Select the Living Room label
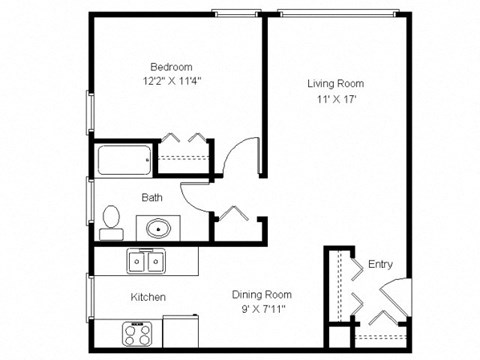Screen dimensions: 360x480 pos(335,83)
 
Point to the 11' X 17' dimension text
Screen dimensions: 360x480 pos(335,100)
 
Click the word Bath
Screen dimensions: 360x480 pos(152,198)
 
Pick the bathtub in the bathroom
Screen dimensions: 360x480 pos(124,160)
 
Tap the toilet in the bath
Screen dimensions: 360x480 pos(110,219)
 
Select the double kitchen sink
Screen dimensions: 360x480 pos(146,262)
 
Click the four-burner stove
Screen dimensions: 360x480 pos(137,331)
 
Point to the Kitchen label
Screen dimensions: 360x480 pos(148,297)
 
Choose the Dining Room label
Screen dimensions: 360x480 pos(262,294)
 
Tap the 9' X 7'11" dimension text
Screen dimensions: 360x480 pos(262,310)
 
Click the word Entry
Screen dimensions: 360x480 pos(380,265)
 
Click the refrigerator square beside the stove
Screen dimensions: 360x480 pos(181,330)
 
